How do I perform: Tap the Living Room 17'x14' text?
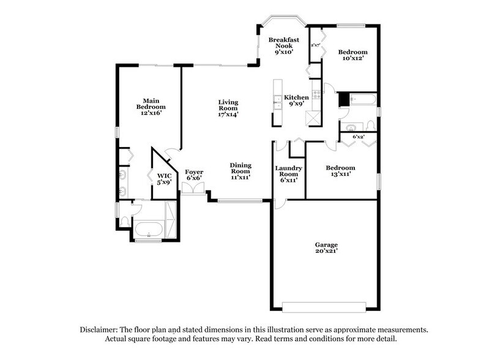tap(228, 108)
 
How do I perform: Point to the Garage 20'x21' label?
tap(327, 248)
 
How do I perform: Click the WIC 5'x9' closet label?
tap(163, 178)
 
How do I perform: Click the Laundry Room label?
tap(288, 173)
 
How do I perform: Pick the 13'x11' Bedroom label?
tap(340, 171)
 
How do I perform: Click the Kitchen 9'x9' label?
tap(296, 100)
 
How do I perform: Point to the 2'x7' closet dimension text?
tap(316, 45)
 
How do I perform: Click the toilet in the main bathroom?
tap(125, 220)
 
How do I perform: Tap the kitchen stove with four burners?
tap(316, 95)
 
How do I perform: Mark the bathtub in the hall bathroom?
tap(363, 99)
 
